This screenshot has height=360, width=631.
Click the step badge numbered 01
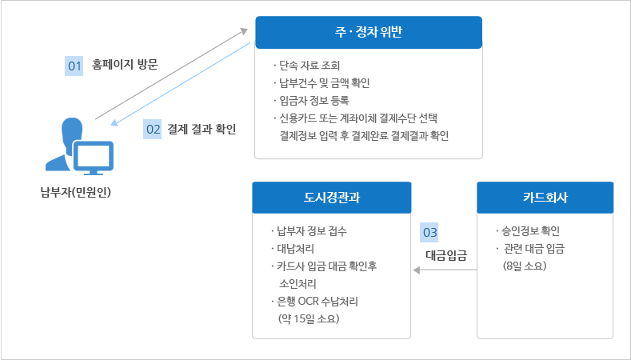[x=74, y=66]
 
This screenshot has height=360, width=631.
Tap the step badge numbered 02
[x=153, y=129]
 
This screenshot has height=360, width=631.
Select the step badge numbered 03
[x=429, y=232]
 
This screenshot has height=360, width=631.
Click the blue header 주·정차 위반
[x=369, y=32]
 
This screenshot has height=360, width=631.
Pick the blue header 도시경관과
[x=332, y=198]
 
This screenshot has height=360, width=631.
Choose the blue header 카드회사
[x=545, y=198]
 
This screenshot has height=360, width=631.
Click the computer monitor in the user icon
[x=94, y=158]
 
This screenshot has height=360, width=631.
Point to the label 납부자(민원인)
[x=76, y=192]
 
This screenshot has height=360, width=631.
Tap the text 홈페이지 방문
[x=125, y=65]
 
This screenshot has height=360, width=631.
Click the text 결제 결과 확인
[x=202, y=129]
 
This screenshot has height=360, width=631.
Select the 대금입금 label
[x=446, y=255]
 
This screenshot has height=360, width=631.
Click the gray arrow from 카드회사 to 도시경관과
[x=445, y=270]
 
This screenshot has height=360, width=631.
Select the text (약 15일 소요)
[x=309, y=318]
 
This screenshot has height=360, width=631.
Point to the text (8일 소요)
[x=525, y=266]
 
